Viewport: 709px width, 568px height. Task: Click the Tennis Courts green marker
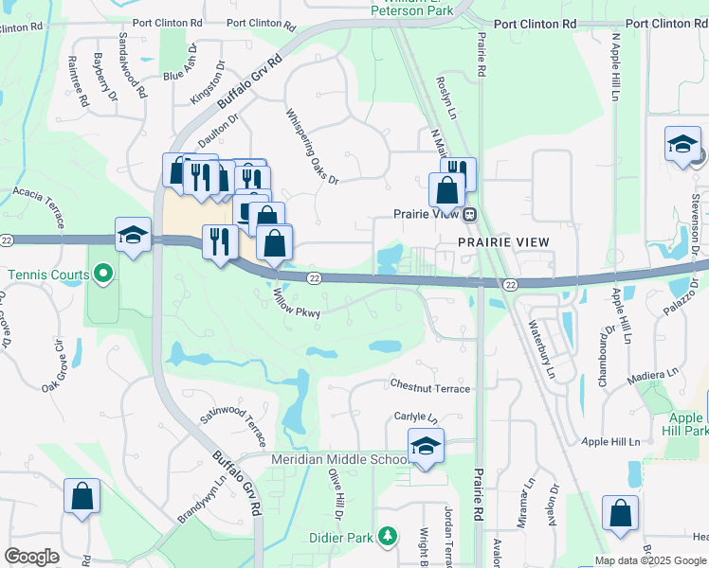coord(104,275)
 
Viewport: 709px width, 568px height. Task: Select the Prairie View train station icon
coord(468,214)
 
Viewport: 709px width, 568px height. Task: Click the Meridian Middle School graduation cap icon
coord(426,447)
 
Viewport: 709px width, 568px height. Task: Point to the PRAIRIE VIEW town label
coord(503,242)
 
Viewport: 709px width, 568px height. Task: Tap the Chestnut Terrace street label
coord(430,386)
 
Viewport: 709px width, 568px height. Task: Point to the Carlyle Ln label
coord(416,417)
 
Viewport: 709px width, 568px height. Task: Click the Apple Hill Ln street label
coord(611,441)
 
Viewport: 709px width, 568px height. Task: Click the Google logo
coord(31,557)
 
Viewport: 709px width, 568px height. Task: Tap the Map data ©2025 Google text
coord(651,560)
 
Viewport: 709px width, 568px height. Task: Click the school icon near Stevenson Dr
coord(682,144)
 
